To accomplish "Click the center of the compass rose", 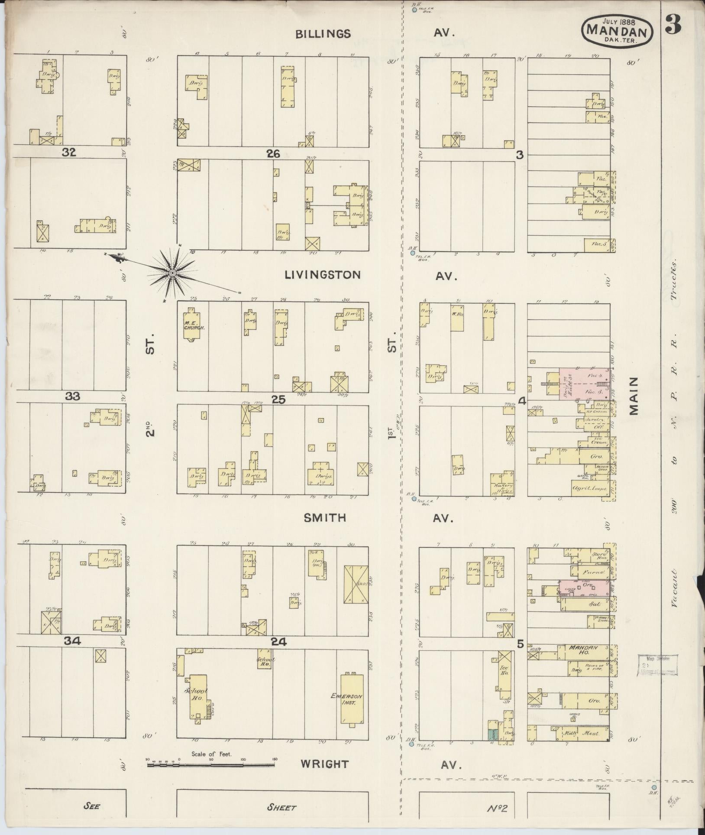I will [x=172, y=273].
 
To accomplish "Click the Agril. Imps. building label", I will [x=590, y=488].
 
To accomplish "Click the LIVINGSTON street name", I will [x=323, y=275].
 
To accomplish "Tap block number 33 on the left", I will [x=72, y=396].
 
